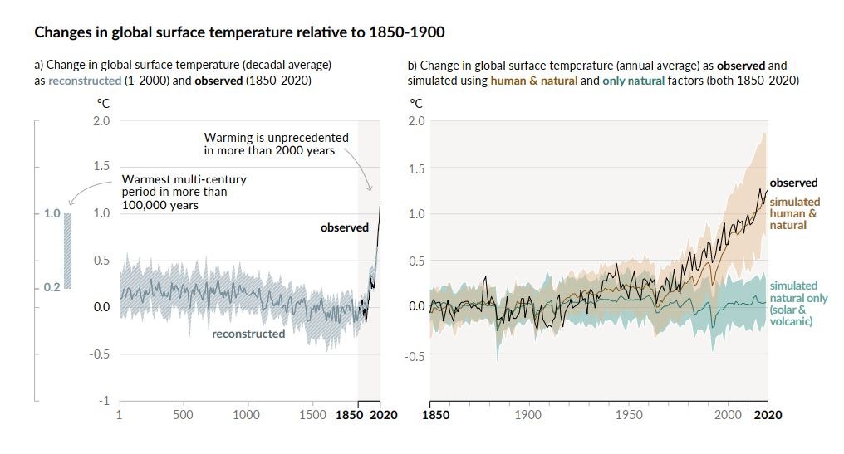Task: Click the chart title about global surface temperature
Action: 238,33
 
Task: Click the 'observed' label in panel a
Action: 344,227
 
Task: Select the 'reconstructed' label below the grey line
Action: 248,334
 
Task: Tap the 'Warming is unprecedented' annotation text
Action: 276,144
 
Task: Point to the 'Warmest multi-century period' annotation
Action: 184,192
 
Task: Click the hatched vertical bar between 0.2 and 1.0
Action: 67,251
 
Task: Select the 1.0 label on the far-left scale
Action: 52,213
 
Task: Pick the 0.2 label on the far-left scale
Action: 52,287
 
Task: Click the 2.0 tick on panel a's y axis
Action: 101,121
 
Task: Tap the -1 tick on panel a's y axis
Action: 104,401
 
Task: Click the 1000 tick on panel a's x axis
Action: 247,415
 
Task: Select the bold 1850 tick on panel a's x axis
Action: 351,415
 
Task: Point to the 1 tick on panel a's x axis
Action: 120,415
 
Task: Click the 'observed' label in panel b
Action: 793,183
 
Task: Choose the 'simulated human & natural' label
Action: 794,213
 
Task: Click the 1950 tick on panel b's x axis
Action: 629,415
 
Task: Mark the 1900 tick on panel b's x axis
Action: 529,415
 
